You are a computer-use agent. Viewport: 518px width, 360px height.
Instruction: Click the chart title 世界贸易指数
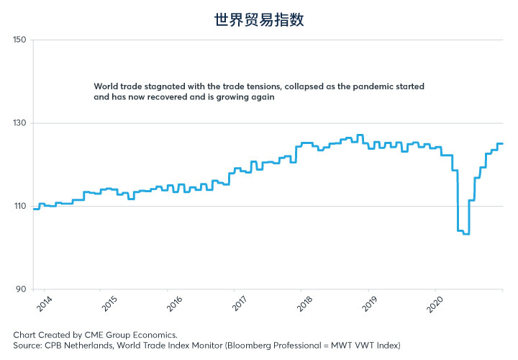259,19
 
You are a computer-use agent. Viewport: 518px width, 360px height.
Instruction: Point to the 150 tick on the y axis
19,40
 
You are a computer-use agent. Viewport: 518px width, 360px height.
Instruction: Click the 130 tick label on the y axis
19,123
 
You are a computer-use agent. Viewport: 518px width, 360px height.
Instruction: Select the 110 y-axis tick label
19,207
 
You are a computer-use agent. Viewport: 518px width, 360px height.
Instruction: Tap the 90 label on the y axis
21,289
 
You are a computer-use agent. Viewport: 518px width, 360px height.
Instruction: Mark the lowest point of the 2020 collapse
465,234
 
